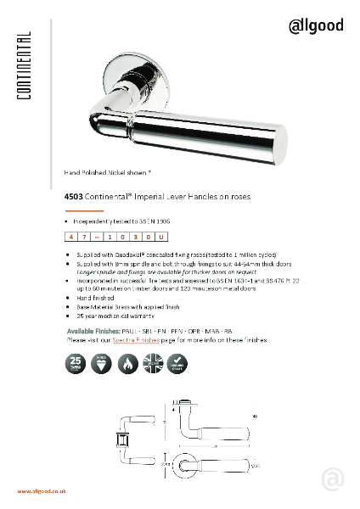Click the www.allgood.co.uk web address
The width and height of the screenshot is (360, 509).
42,491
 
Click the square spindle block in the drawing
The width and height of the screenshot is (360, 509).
121,440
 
